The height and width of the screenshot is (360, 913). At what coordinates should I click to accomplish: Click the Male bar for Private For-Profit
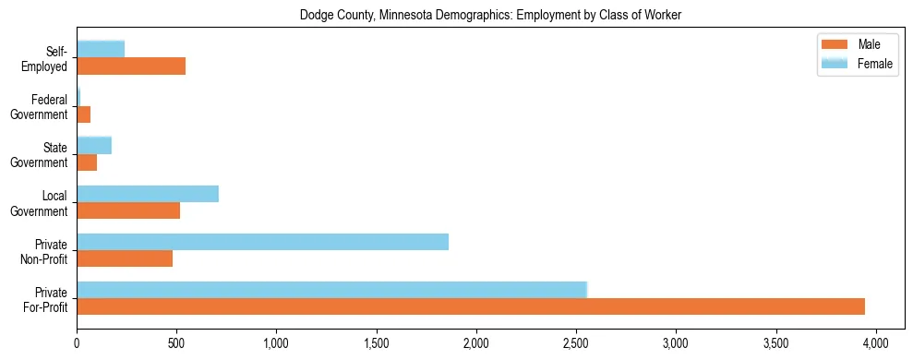tap(471, 306)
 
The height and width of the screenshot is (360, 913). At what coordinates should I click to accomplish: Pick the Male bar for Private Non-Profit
tap(125, 258)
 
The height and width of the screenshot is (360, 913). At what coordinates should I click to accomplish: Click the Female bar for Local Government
tap(148, 194)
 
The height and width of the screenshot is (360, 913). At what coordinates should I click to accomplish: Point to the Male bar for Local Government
tap(128, 210)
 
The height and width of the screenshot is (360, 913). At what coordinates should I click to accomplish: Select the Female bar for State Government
tap(94, 145)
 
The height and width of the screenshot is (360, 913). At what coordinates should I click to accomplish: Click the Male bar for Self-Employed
tap(131, 66)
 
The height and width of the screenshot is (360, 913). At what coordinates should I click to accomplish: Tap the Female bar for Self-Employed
tap(101, 49)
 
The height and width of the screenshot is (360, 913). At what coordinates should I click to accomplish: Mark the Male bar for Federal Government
tap(84, 114)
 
